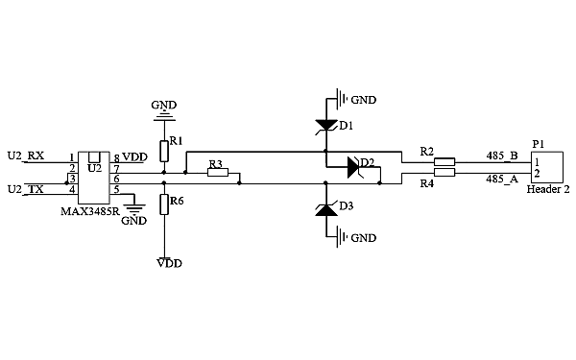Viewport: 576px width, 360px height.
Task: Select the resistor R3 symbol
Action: [218, 173]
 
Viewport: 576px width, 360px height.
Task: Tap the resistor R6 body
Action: [163, 203]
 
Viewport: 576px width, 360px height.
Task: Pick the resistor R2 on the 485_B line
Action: [444, 162]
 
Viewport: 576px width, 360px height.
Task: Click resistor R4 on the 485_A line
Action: [444, 173]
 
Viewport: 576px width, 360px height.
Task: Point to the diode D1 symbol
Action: [325, 124]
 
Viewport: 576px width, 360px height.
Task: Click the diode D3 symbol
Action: [325, 209]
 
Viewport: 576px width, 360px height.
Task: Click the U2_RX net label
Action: [25, 156]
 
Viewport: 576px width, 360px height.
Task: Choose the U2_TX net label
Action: [25, 189]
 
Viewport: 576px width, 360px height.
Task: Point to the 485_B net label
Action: [502, 155]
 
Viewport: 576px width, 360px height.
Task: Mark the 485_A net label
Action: [502, 179]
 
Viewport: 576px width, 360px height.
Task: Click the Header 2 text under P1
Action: [548, 190]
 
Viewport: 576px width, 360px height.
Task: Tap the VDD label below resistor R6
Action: [169, 262]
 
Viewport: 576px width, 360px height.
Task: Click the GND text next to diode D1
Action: [364, 99]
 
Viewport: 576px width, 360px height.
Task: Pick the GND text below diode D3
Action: [364, 237]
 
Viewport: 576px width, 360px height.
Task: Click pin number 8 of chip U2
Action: [116, 157]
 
